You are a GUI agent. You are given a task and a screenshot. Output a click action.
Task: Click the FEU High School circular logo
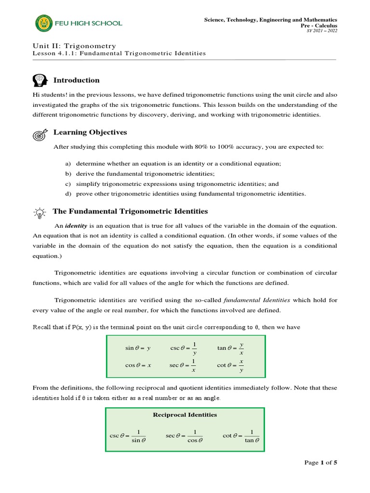pos(42,23)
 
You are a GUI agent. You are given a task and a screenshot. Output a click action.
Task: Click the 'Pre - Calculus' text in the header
pos(319,26)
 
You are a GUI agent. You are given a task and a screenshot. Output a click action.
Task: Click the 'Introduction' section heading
pos(76,80)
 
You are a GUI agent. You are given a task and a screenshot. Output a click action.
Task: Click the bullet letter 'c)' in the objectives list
pos(67,184)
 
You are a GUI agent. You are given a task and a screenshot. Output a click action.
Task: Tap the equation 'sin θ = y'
pos(138,348)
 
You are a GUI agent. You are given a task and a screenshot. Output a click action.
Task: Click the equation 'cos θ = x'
pos(138,365)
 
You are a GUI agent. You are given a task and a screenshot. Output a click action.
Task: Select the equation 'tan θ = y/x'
pos(231,348)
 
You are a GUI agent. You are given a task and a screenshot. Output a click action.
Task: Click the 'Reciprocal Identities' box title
pos(185,415)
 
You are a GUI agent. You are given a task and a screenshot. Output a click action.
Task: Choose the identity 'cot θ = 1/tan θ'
pos(241,436)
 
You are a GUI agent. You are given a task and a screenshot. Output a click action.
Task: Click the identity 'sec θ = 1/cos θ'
pos(185,436)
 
